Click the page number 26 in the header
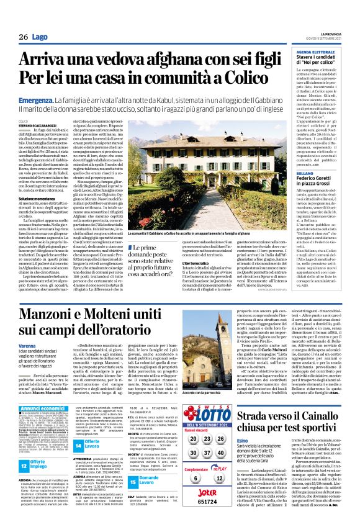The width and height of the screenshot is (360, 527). pyautogui.click(x=24, y=37)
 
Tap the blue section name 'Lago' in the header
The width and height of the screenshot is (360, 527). pyautogui.click(x=40, y=37)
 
